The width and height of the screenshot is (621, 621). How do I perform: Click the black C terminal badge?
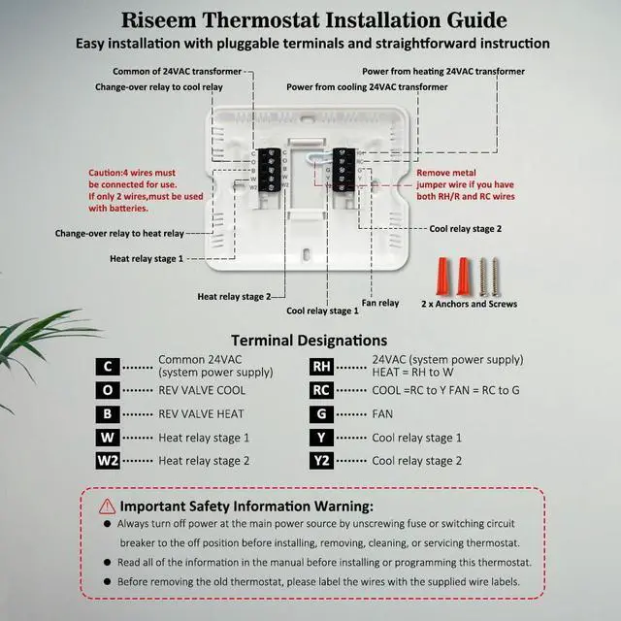pyautogui.click(x=108, y=367)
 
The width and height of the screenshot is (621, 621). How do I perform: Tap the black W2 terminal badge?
pyautogui.click(x=108, y=461)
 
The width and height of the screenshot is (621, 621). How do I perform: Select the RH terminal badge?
pyautogui.click(x=322, y=367)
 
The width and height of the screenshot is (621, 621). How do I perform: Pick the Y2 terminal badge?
pyautogui.click(x=322, y=461)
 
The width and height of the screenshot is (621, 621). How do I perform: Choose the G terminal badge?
pyautogui.click(x=322, y=414)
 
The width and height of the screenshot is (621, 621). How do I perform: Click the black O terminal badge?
pyautogui.click(x=108, y=390)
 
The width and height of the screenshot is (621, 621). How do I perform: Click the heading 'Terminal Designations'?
pyautogui.click(x=310, y=340)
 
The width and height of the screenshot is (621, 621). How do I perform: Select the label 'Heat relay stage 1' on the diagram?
pyautogui.click(x=147, y=258)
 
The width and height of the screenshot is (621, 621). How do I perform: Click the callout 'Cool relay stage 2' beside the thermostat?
pyautogui.click(x=466, y=229)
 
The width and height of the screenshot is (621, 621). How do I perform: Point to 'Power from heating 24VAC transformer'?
pyautogui.click(x=443, y=71)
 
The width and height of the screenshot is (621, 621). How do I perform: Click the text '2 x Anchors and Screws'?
pyautogui.click(x=470, y=304)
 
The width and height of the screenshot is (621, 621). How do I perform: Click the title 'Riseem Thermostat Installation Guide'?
pyautogui.click(x=313, y=19)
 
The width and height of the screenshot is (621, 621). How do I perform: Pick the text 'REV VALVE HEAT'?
pyautogui.click(x=202, y=414)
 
